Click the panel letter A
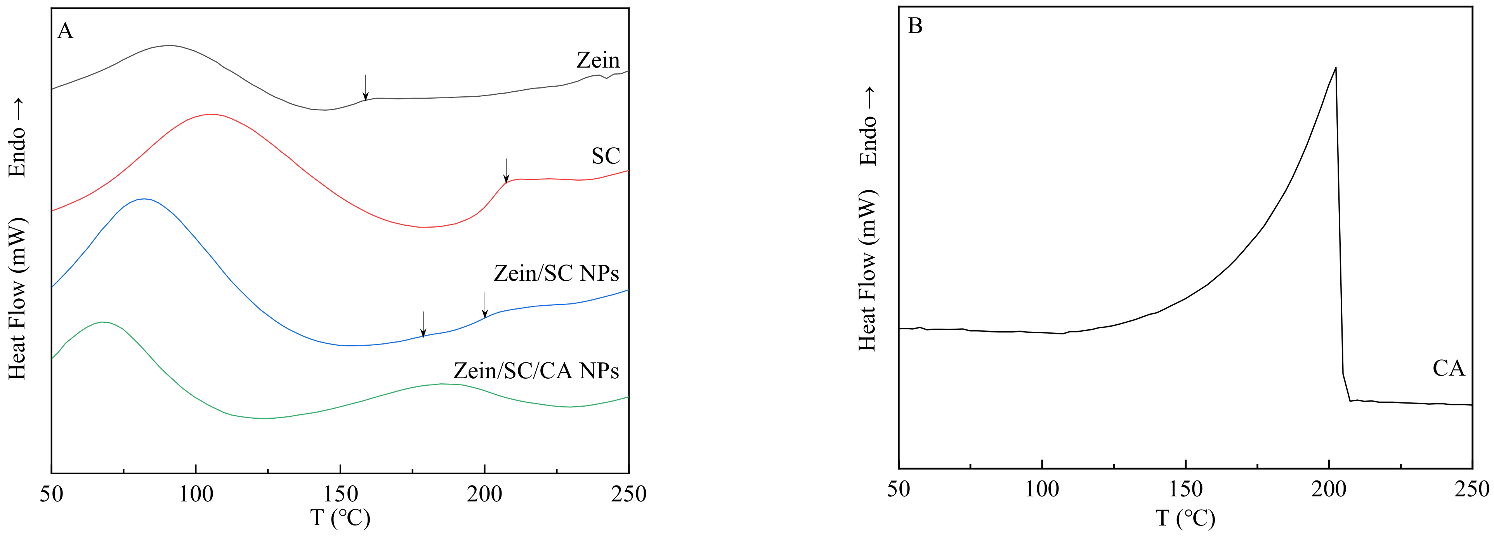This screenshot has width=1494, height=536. (65, 31)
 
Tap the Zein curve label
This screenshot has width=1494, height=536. (597, 60)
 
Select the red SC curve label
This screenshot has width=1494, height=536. (606, 156)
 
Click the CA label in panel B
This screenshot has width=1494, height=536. (1448, 368)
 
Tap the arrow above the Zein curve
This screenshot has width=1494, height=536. (365, 87)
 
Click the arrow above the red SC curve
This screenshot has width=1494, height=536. (506, 170)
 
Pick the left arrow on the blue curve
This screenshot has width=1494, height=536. (423, 324)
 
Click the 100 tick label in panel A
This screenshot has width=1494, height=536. (196, 494)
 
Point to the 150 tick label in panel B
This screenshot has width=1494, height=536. (1185, 489)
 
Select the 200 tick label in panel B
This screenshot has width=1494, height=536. (1329, 489)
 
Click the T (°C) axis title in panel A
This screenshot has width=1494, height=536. (340, 517)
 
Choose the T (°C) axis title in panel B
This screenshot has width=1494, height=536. (1185, 517)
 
